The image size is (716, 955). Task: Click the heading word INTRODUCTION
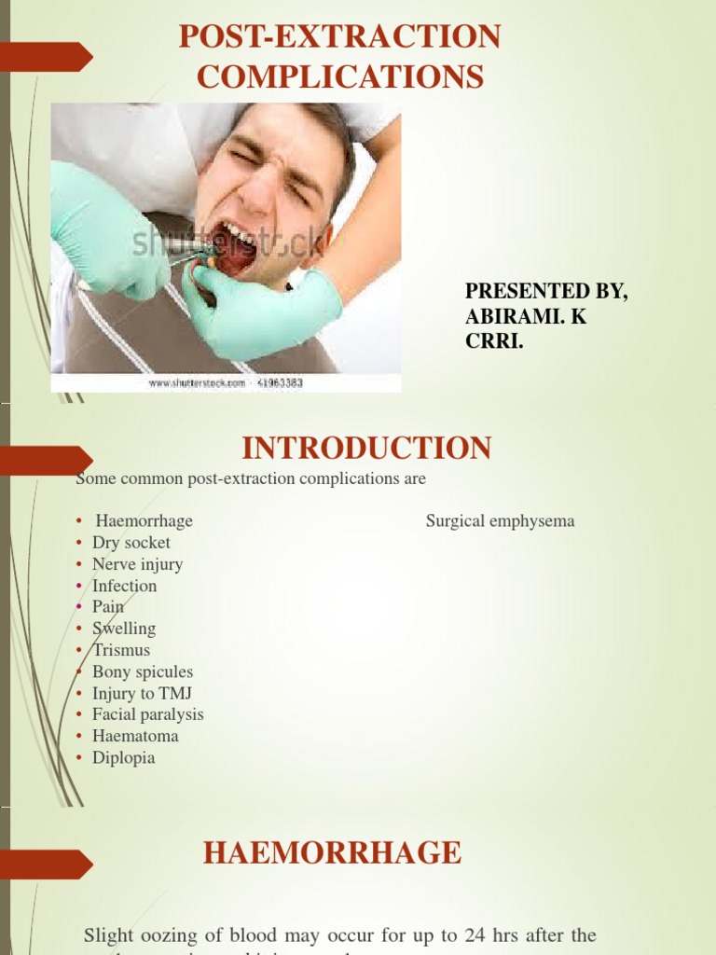click(x=366, y=449)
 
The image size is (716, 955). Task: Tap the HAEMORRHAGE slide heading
click(x=333, y=852)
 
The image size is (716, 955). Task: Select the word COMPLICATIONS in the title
click(x=340, y=76)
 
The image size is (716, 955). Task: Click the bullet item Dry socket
click(x=131, y=543)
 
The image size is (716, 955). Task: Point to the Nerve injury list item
click(x=137, y=564)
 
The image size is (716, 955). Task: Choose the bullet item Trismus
click(x=120, y=650)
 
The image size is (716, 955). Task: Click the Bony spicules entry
click(x=142, y=671)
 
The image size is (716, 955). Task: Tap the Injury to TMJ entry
click(x=142, y=693)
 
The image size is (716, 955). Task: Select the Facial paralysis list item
click(x=147, y=714)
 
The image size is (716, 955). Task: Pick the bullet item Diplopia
click(x=123, y=757)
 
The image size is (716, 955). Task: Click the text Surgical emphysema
click(x=500, y=521)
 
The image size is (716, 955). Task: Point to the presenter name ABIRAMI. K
click(x=526, y=316)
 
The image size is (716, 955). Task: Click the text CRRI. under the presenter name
click(x=494, y=341)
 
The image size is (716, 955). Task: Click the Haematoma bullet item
click(x=135, y=736)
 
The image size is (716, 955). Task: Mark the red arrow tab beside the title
click(x=47, y=57)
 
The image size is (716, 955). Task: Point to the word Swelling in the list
click(x=123, y=629)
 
